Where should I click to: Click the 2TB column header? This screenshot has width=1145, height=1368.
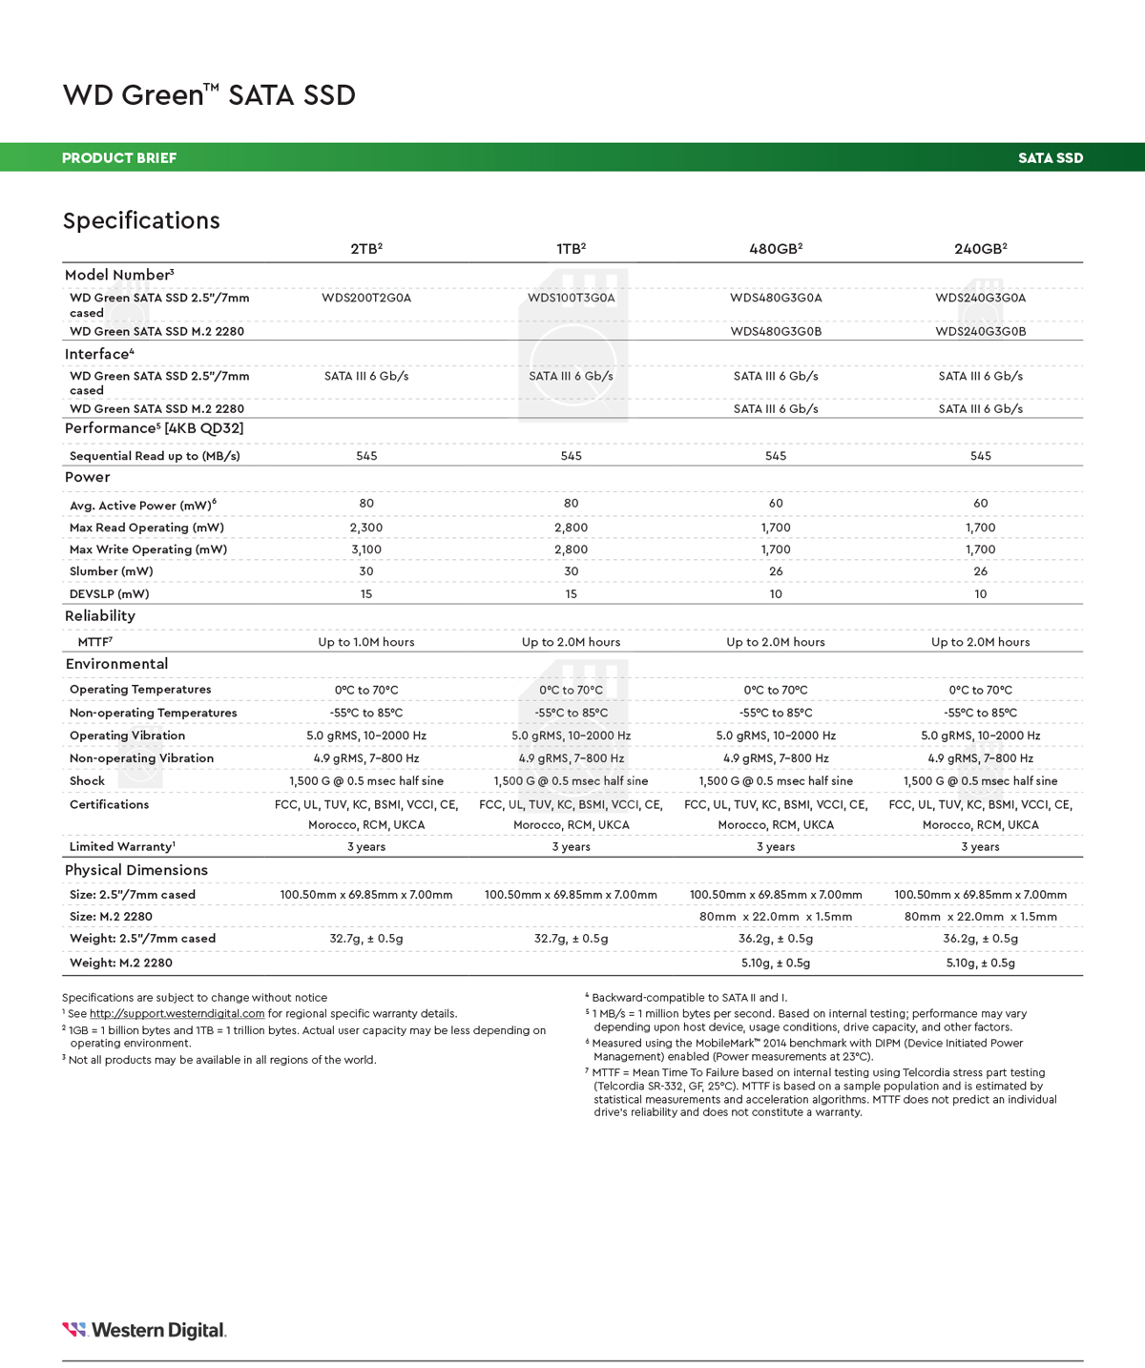pyautogui.click(x=365, y=249)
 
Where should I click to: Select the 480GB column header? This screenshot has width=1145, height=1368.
pyautogui.click(x=775, y=249)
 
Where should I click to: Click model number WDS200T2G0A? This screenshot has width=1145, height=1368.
pyautogui.click(x=366, y=298)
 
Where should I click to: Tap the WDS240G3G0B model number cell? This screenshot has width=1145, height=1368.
pyautogui.click(x=980, y=331)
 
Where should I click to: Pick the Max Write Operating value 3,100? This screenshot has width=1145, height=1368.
pyautogui.click(x=366, y=549)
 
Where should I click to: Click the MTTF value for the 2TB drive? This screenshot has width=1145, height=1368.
pyautogui.click(x=366, y=642)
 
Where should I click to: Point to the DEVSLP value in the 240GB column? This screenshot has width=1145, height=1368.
pyautogui.click(x=980, y=593)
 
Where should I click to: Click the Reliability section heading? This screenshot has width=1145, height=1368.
pyautogui.click(x=100, y=616)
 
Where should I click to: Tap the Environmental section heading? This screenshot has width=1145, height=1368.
pyautogui.click(x=116, y=664)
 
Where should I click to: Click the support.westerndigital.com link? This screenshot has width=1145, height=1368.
pyautogui.click(x=177, y=1013)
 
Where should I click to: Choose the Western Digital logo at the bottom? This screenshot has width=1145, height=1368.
pyautogui.click(x=144, y=1330)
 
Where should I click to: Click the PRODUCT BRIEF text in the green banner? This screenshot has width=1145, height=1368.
pyautogui.click(x=119, y=158)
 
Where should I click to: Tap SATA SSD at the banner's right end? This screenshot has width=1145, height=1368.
pyautogui.click(x=1050, y=158)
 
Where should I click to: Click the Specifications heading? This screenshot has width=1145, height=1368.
pyautogui.click(x=141, y=221)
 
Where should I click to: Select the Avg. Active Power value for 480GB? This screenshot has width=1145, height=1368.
pyautogui.click(x=776, y=503)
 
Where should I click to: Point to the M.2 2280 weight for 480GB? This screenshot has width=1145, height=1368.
pyautogui.click(x=776, y=963)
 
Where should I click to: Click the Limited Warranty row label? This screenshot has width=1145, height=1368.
pyautogui.click(x=122, y=846)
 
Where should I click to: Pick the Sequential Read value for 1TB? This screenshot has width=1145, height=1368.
pyautogui.click(x=571, y=456)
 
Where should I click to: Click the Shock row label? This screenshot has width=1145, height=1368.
pyautogui.click(x=87, y=780)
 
